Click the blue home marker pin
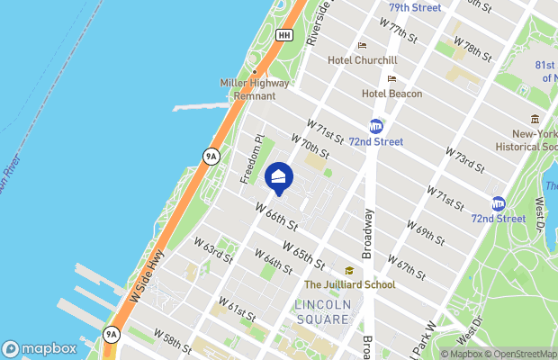[280, 178]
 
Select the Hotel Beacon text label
[391, 94]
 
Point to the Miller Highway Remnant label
[256, 89]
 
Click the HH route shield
[284, 35]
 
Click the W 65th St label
[302, 253]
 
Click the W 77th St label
[400, 32]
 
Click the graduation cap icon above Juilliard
[348, 271]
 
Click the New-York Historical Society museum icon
[535, 120]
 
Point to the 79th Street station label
[415, 8]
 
